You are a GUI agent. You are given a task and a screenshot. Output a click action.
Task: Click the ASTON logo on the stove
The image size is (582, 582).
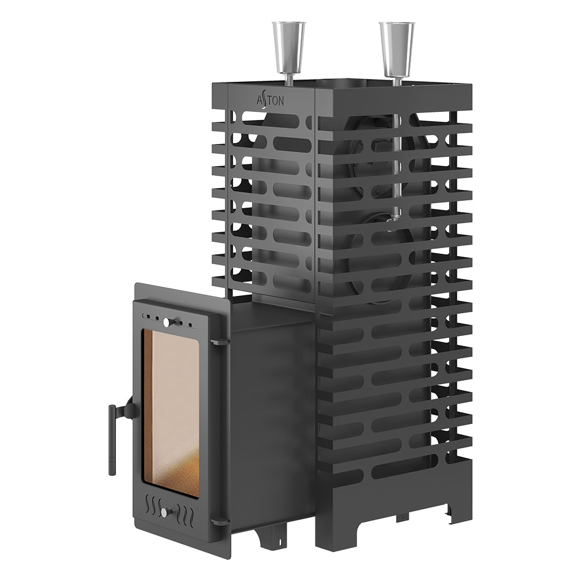coord(271,100)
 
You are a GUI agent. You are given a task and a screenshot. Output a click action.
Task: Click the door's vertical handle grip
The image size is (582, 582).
coord(112,440)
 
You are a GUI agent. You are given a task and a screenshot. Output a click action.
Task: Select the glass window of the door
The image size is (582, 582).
coord(171,413)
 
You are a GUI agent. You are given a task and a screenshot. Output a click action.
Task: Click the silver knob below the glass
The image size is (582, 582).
coord(164,513)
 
